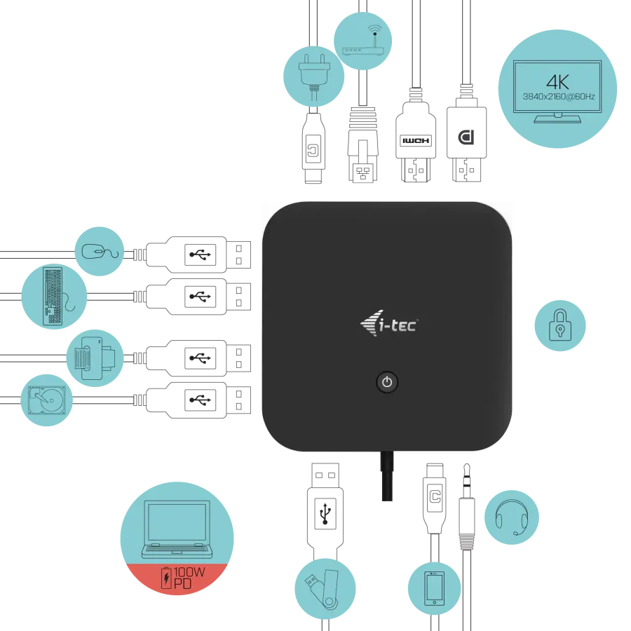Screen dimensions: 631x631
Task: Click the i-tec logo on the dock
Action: [389, 323]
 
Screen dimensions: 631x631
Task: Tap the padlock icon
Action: [560, 325]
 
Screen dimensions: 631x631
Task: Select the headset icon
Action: [512, 517]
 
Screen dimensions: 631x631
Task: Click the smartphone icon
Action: [435, 588]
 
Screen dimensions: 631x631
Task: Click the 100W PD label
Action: [183, 578]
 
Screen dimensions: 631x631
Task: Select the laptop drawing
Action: [177, 529]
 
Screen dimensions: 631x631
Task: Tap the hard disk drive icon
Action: [46, 400]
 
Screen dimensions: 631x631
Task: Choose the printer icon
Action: [95, 358]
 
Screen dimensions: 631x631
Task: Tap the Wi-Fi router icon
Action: [362, 41]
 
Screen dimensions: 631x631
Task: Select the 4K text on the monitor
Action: [557, 82]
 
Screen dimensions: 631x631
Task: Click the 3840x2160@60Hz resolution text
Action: [559, 97]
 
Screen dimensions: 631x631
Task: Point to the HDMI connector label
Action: [416, 140]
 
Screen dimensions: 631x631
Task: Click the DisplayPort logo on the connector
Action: [466, 137]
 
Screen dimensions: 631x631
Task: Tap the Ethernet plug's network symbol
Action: [362, 173]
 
